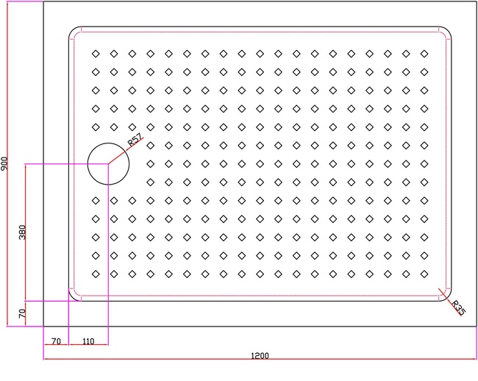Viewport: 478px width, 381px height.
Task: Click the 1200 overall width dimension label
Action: pyautogui.click(x=260, y=356)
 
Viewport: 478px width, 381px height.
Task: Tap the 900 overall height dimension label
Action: pyautogui.click(x=4, y=164)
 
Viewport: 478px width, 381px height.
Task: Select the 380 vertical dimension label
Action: pyautogui.click(x=22, y=232)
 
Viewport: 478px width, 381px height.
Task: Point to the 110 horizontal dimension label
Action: pyautogui.click(x=88, y=341)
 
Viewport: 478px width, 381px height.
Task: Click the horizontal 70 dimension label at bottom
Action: pyautogui.click(x=56, y=341)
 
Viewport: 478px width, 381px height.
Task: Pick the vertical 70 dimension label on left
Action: pyautogui.click(x=22, y=313)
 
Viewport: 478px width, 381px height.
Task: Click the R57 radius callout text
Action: pyautogui.click(x=135, y=140)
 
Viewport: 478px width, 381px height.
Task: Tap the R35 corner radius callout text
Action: pyautogui.click(x=458, y=308)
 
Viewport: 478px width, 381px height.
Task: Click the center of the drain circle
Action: pyautogui.click(x=108, y=164)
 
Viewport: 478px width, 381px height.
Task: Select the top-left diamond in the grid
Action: pyautogui.click(x=96, y=54)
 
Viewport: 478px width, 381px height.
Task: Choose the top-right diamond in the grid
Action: pyautogui.click(x=424, y=54)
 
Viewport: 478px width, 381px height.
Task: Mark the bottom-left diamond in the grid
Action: pyautogui.click(x=96, y=274)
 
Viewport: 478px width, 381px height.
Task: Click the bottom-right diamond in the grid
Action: pyautogui.click(x=424, y=274)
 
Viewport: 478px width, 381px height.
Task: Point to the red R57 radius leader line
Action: pyautogui.click(x=126, y=151)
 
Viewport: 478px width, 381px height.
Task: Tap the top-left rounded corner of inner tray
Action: pyautogui.click(x=73, y=30)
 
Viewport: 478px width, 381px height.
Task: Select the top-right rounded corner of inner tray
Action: pyautogui.click(x=448, y=30)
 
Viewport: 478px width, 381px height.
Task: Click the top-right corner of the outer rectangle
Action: pyautogui.click(x=477, y=1)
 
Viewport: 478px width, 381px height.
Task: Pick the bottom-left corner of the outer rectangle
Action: pyautogui.click(x=43, y=326)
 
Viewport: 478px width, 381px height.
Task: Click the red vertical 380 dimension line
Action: pyautogui.click(x=26, y=232)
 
